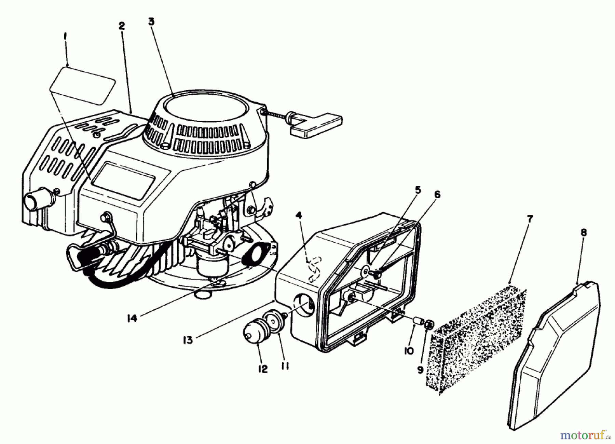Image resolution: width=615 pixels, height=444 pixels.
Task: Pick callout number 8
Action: [584, 233]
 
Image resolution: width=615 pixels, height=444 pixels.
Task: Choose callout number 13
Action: [188, 340]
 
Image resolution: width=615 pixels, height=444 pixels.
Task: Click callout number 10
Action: [408, 351]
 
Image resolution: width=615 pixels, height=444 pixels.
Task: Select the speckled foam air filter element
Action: [477, 340]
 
